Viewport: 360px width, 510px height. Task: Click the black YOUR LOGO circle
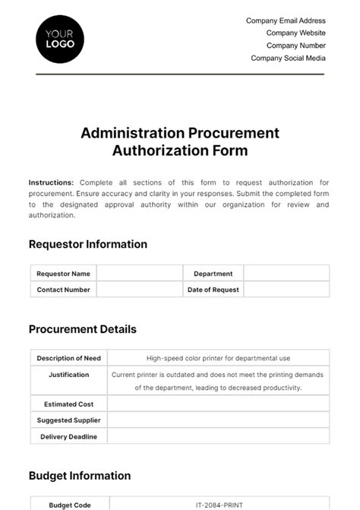[60, 38]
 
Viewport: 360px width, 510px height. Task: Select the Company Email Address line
[286, 21]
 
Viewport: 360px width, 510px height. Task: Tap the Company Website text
[295, 33]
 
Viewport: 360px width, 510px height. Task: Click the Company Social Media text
[288, 58]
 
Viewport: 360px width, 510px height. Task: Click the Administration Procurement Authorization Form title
[180, 141]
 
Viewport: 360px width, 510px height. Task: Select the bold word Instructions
[51, 182]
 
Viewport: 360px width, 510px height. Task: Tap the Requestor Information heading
[88, 244]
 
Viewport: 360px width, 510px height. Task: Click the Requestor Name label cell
[64, 274]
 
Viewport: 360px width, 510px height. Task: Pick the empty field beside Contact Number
[139, 290]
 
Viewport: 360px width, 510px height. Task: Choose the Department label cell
[213, 274]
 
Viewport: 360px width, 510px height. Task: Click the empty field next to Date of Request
[286, 290]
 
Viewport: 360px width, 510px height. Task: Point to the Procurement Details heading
[83, 329]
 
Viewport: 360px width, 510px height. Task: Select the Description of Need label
[69, 358]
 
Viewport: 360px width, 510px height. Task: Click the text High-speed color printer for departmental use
[219, 358]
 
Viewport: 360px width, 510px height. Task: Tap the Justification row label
[69, 375]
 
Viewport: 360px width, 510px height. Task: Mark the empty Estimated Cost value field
[219, 404]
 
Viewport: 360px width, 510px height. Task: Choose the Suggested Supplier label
[69, 420]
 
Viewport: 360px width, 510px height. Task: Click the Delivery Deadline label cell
[69, 436]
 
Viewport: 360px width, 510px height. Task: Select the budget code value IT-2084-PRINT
[219, 504]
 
